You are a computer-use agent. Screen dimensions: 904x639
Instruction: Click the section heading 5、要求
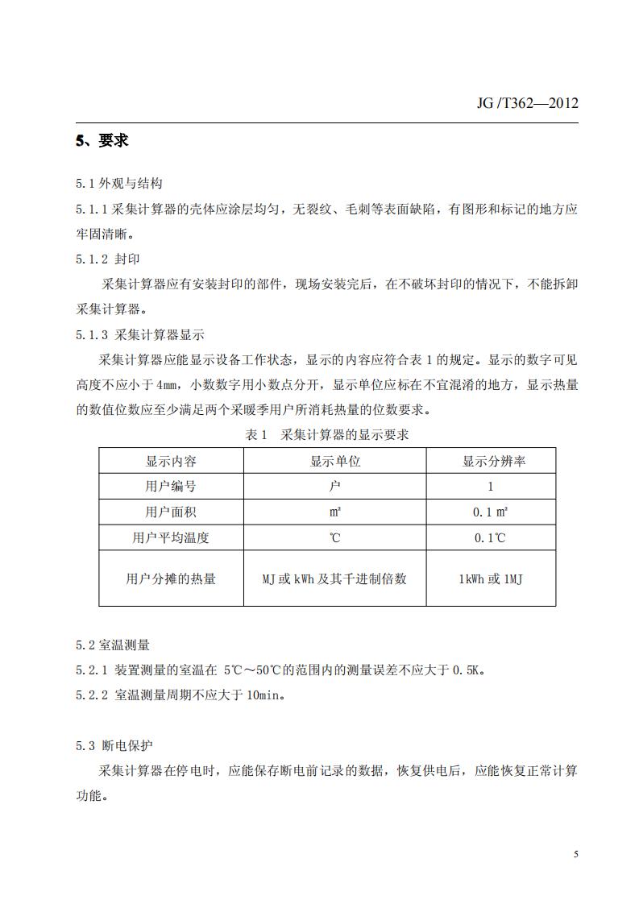(102, 141)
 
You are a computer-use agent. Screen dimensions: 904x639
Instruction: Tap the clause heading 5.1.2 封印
(109, 259)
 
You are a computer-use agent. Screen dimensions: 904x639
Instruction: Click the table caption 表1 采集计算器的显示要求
(327, 435)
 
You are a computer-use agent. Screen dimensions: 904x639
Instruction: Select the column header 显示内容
(171, 462)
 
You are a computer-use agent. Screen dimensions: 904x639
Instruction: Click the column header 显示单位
(335, 462)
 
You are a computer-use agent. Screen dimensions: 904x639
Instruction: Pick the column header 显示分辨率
(490, 462)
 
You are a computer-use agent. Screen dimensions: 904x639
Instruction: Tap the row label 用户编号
(171, 487)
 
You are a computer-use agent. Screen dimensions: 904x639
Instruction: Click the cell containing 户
(335, 487)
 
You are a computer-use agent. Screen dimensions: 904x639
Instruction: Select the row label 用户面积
(171, 512)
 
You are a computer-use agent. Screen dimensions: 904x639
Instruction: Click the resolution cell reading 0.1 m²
(490, 512)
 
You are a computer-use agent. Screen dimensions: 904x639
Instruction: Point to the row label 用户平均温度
(171, 537)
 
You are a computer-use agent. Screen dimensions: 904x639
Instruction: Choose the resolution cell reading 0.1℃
(490, 537)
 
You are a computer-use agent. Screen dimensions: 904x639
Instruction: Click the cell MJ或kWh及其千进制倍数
(335, 578)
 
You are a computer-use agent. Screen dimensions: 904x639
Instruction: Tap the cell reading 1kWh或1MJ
(490, 578)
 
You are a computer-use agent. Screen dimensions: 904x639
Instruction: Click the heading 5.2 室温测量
(113, 645)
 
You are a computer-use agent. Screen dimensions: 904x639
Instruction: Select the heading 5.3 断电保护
(113, 745)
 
